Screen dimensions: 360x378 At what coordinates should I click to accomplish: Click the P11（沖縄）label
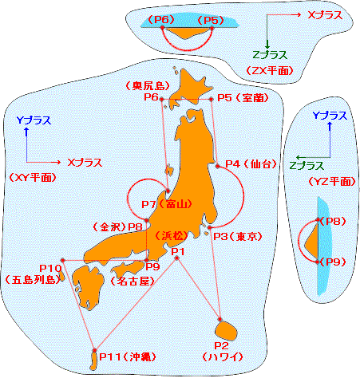128,356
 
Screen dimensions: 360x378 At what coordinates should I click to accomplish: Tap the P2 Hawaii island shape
226,331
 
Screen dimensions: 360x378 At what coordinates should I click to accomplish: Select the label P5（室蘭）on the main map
243,98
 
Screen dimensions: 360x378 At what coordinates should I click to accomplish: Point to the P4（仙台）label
251,163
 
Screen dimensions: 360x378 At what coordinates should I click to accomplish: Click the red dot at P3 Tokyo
210,227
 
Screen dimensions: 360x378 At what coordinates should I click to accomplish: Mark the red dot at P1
177,258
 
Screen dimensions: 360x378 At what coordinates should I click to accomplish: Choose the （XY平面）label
33,177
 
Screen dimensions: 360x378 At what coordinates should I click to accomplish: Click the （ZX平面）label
269,70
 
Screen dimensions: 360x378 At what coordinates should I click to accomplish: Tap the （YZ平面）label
332,182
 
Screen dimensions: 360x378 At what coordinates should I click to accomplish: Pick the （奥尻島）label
148,85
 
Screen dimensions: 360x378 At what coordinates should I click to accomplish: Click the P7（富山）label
167,204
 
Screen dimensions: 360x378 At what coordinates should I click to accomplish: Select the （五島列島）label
33,279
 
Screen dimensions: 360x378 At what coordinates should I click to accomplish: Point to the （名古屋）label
133,281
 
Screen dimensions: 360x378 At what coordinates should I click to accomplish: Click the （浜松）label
172,235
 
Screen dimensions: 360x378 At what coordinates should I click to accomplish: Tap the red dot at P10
63,260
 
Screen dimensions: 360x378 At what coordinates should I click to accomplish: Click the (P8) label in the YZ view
333,221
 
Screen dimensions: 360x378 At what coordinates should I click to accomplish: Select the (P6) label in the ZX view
161,20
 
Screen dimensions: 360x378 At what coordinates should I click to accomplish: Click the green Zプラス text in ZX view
270,55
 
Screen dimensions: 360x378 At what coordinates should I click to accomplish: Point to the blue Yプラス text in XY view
34,120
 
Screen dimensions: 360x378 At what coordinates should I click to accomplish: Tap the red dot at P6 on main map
161,99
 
